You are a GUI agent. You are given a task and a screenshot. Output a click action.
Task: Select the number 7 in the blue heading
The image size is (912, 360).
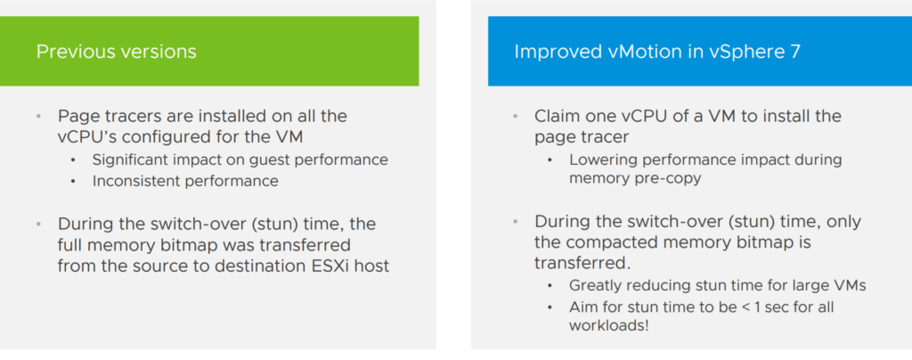tap(795, 52)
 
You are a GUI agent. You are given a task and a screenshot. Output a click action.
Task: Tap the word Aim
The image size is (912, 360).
tap(581, 307)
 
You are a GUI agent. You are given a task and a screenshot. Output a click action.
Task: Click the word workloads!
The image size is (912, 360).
tap(608, 325)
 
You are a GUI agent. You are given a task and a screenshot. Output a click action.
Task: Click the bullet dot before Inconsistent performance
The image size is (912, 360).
tap(73, 181)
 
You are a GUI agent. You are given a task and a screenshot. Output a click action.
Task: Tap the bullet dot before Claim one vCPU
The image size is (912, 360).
tap(515, 117)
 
